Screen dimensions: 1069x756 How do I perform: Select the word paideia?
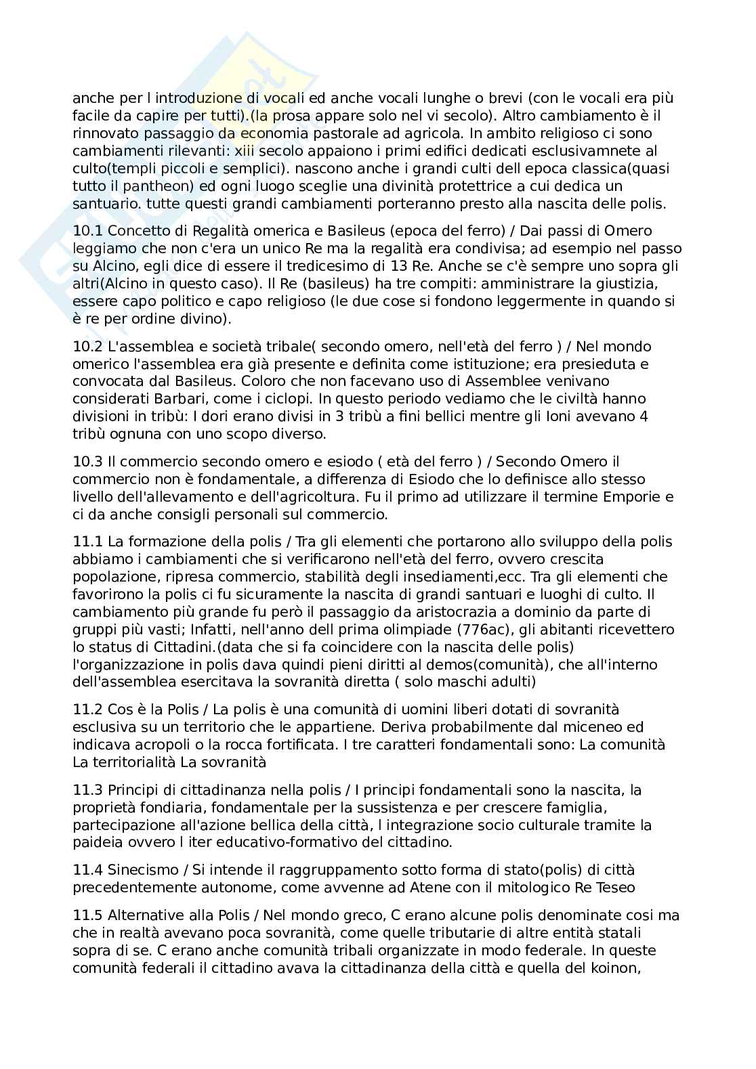(96, 843)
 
